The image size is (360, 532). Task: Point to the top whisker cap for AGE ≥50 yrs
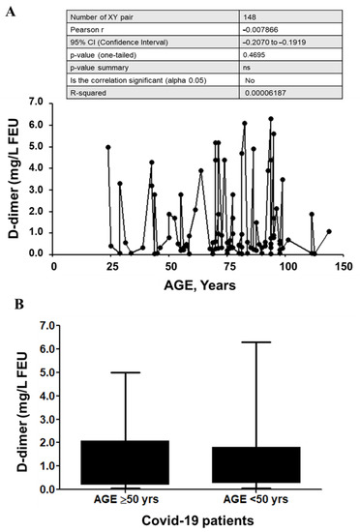tap(125, 372)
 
